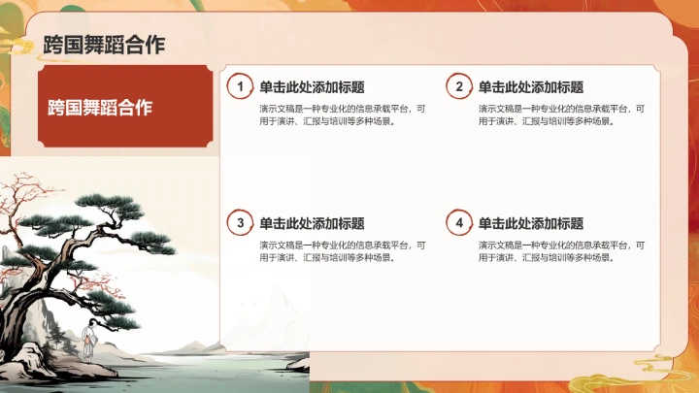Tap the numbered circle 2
click(x=460, y=87)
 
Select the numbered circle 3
click(x=241, y=223)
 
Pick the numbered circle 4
click(x=460, y=223)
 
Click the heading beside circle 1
click(x=312, y=87)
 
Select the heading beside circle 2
click(x=531, y=87)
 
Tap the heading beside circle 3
click(x=312, y=223)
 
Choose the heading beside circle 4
click(x=531, y=223)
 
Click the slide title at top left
click(x=104, y=44)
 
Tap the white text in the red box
click(x=101, y=107)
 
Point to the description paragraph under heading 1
click(x=342, y=115)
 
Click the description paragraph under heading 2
click(x=561, y=115)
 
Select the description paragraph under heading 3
click(x=342, y=251)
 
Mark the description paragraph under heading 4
click(x=561, y=251)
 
